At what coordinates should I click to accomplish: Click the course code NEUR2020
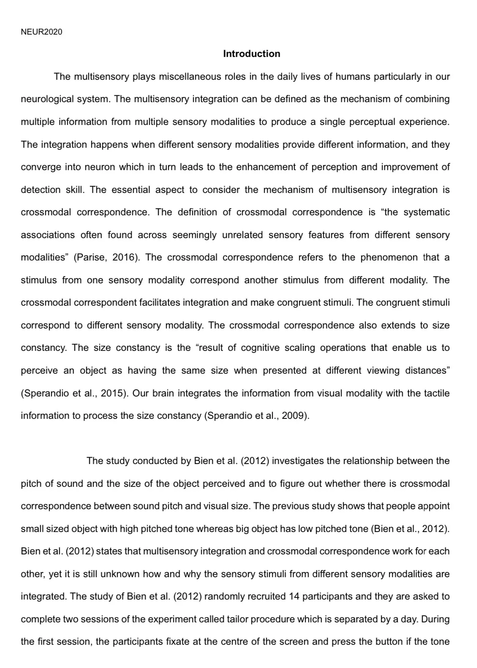click(x=41, y=32)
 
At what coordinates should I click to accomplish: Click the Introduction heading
click(x=251, y=54)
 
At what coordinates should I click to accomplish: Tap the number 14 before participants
click(x=294, y=597)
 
